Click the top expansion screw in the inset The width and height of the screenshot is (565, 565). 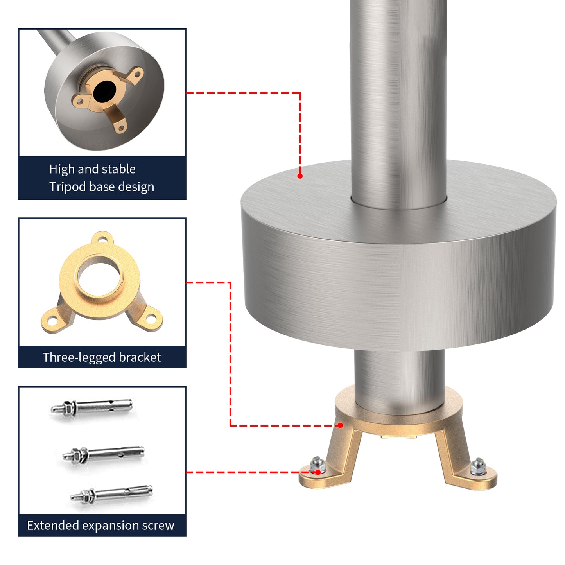click(91, 406)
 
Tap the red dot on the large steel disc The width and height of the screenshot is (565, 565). click(300, 176)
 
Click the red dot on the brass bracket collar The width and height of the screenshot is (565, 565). click(340, 425)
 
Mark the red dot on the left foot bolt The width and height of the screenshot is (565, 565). click(318, 472)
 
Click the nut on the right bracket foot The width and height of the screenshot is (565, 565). click(478, 467)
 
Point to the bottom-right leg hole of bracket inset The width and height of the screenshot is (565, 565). click(151, 317)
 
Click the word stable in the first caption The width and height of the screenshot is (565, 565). click(118, 169)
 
